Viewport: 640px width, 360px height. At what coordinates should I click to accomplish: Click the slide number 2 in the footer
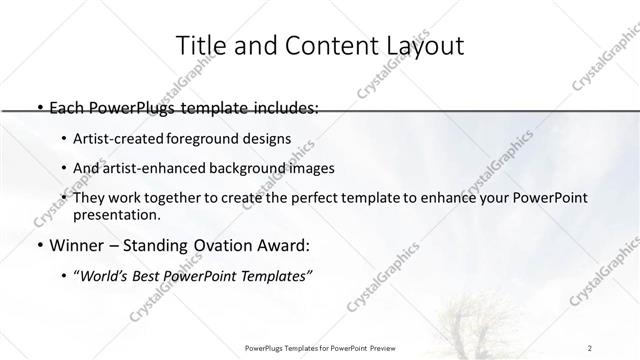[x=591, y=347]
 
